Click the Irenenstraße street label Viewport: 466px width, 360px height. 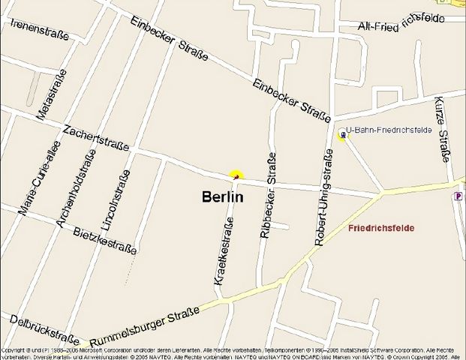[40, 29]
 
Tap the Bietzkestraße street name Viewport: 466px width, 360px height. [105, 239]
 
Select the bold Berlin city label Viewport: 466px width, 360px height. [223, 197]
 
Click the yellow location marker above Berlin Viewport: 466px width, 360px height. [236, 175]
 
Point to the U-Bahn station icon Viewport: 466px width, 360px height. [341, 135]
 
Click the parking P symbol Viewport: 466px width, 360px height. [458, 196]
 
